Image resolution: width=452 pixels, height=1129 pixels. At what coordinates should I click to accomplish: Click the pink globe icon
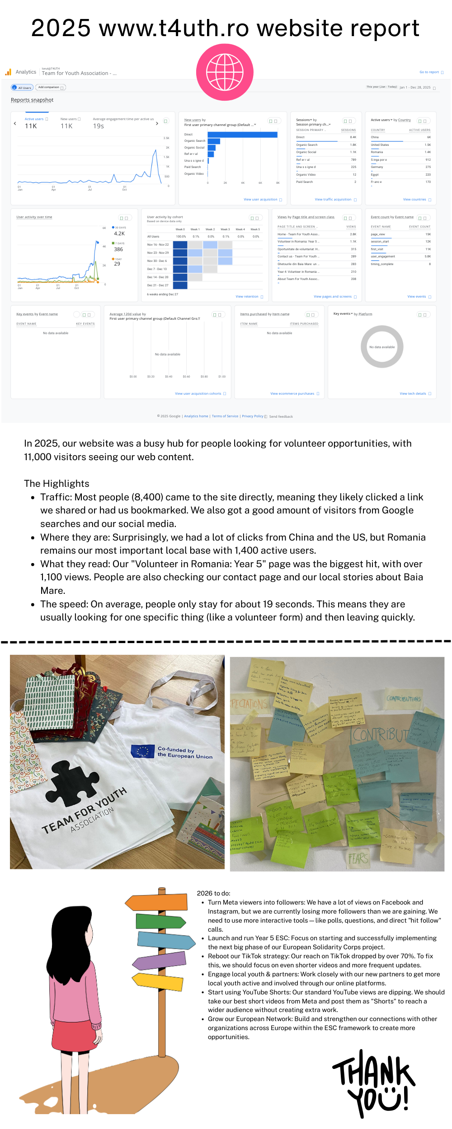click(x=225, y=72)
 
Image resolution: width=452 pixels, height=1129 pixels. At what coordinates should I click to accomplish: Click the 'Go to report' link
click(x=429, y=72)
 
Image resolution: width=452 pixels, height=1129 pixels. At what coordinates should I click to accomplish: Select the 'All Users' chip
click(x=22, y=88)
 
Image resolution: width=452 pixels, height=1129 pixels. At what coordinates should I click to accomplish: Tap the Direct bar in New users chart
click(x=242, y=135)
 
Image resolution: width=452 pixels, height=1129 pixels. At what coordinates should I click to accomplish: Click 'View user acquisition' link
click(x=260, y=199)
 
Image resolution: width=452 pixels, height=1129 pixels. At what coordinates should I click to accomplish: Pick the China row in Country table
click(x=400, y=137)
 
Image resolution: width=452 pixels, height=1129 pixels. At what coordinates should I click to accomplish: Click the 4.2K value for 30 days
click(x=119, y=233)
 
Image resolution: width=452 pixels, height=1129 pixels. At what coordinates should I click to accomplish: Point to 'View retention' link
click(x=247, y=297)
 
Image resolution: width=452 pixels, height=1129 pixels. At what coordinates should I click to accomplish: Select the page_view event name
click(x=378, y=234)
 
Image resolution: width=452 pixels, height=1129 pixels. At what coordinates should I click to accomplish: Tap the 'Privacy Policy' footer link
click(x=252, y=416)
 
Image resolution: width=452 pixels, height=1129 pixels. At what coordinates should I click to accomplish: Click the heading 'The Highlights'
click(x=56, y=484)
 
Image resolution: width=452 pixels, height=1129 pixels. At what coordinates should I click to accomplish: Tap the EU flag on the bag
click(x=143, y=751)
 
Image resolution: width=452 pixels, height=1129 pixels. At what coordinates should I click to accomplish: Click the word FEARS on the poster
click(x=358, y=858)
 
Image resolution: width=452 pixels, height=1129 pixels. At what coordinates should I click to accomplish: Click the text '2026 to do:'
click(x=213, y=893)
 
